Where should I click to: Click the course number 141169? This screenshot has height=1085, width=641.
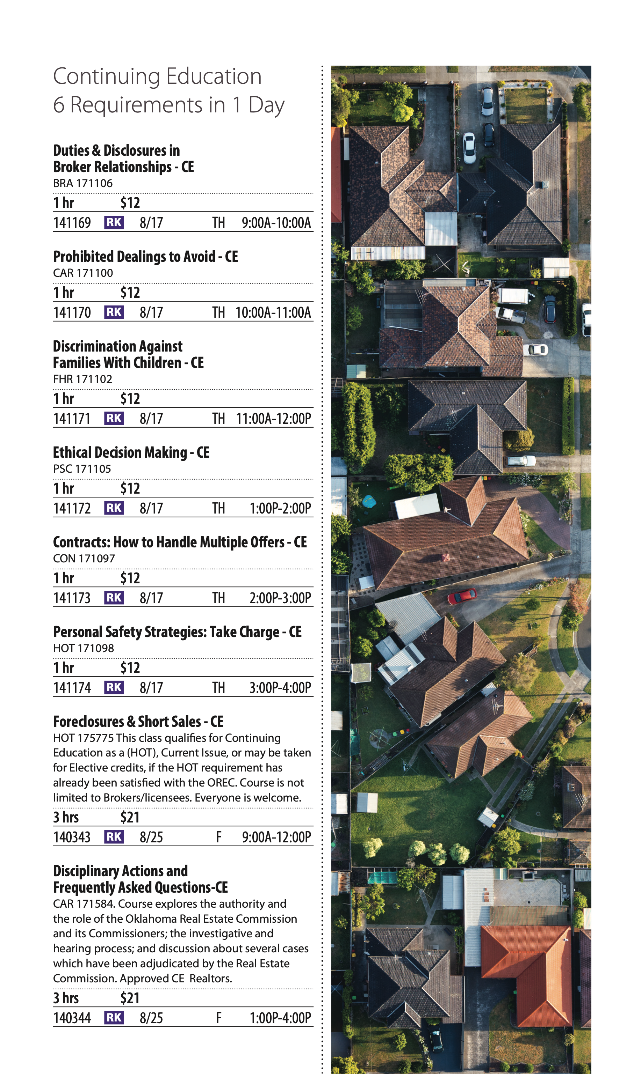coord(72,223)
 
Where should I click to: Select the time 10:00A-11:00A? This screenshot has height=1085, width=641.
coord(273,312)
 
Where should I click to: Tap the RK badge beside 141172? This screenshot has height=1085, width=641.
coord(114,508)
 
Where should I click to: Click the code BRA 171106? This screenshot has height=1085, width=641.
coord(82,183)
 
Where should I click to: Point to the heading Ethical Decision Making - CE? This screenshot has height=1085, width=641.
coord(131,452)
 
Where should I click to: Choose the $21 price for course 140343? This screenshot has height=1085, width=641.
coord(130,817)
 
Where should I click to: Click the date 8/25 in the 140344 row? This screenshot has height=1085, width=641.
coord(151,1018)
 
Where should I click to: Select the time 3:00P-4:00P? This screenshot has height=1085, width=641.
coord(280,688)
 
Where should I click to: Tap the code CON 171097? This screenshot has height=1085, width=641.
coord(84,559)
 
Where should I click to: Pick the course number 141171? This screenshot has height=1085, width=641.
coord(72,419)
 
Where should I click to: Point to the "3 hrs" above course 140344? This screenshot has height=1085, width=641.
coord(66,998)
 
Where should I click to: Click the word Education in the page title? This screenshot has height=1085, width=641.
coord(214,77)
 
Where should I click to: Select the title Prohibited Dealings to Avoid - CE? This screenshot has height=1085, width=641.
coord(145,257)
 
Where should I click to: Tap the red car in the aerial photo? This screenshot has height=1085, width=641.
coord(462,596)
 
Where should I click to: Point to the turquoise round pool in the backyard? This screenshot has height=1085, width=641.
coord(369,501)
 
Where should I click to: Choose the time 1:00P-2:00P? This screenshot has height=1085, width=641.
coord(280,508)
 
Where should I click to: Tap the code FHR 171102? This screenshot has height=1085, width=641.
coord(82,379)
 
